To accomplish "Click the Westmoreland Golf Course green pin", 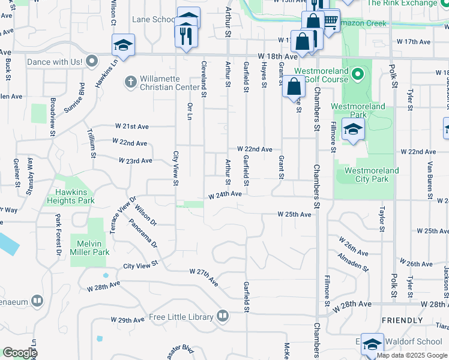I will (358, 74).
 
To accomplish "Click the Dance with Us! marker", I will (92, 61).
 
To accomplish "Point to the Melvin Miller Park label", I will (93, 248).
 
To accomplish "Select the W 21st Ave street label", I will (132, 127).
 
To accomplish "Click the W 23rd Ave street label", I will (135, 161).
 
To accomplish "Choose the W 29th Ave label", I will (127, 320).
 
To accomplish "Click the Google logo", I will (20, 353).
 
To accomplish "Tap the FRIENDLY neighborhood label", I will (402, 320).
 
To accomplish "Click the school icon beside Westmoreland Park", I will (353, 129).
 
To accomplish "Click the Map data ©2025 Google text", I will (412, 355).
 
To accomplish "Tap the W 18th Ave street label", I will (278, 56).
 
